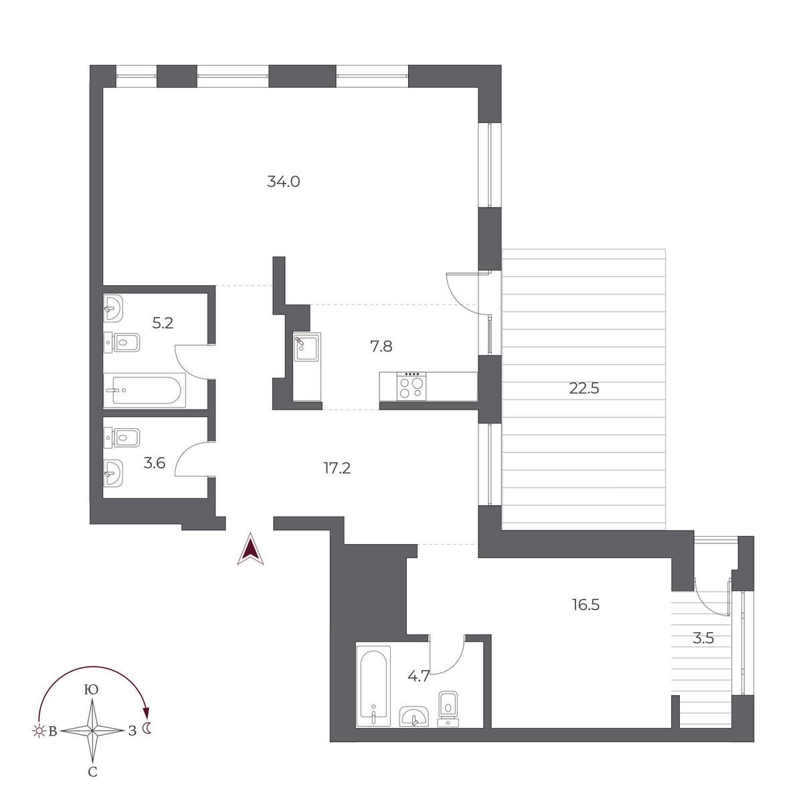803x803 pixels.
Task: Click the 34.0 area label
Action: coord(283,182)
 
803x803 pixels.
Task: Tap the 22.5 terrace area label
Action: coord(584,388)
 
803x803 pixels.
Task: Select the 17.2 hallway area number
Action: coord(337,468)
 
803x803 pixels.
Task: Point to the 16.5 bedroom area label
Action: coord(586,605)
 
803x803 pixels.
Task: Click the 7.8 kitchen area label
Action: coord(381,346)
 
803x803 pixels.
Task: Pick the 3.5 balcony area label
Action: coord(703,638)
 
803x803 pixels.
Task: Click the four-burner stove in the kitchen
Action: coord(412,386)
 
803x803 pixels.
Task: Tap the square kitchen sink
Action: coord(306,347)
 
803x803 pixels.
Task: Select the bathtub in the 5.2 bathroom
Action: coord(145,390)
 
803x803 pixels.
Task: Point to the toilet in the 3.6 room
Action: coord(122,438)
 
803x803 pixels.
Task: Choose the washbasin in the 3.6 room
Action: coord(113,473)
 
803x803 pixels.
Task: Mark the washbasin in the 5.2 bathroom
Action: coord(113,308)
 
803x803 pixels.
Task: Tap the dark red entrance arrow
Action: coord(250,549)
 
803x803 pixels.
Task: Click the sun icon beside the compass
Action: coord(39,731)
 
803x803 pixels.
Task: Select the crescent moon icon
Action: coord(147,728)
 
